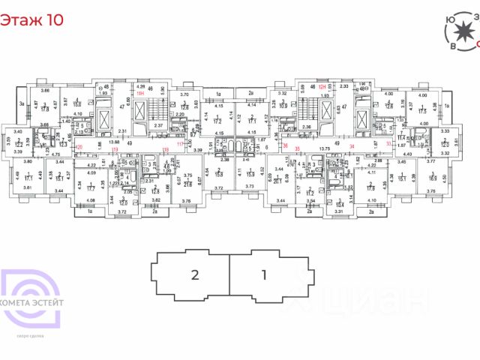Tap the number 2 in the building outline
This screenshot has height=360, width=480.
194,274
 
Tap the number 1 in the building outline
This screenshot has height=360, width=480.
264,274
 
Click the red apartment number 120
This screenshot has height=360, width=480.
79,146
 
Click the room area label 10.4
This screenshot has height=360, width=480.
339,205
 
